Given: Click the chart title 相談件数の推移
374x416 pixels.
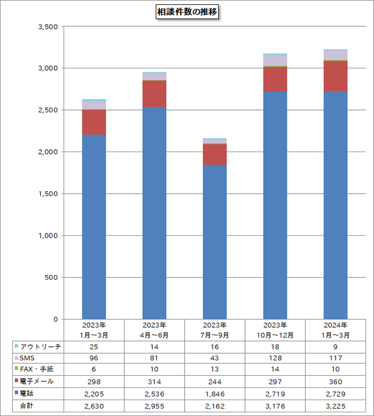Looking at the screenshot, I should (187, 12).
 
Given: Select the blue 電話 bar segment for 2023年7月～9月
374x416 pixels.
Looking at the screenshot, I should (215, 241).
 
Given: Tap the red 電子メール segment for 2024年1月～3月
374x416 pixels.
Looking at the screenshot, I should (336, 76).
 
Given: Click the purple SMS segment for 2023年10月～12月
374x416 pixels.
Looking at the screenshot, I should (275, 60).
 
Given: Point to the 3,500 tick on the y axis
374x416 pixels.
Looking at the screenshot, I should (47, 27).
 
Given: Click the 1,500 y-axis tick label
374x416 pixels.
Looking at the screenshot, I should (47, 194).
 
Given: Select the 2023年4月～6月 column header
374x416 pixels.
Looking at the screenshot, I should (154, 330).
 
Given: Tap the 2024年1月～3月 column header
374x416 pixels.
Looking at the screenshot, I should (336, 330).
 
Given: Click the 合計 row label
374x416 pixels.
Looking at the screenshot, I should (26, 405).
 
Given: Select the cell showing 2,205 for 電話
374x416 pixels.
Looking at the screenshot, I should (94, 393).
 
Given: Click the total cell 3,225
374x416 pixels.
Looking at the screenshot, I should (336, 405).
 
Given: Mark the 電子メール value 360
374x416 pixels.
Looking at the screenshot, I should (336, 381).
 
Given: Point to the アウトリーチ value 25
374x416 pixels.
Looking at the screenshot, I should (94, 347).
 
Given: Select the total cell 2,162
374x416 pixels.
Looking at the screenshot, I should (215, 405).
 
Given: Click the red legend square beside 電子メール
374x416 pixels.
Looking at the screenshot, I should (16, 381).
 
